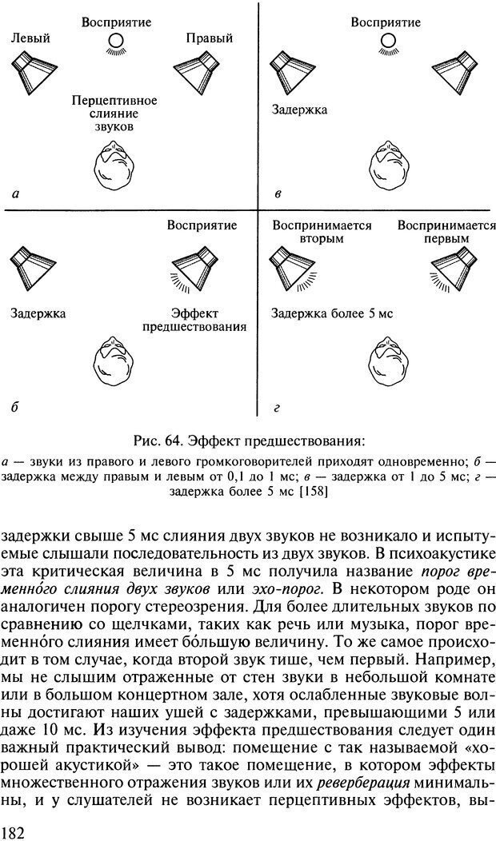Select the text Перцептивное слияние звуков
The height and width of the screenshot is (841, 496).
[x=114, y=114]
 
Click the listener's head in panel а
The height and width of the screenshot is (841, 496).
[x=113, y=165]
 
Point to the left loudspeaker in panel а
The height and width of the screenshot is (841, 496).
[x=32, y=70]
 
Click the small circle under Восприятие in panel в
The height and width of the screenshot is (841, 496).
[x=388, y=39]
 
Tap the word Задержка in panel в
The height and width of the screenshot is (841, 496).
[x=298, y=110]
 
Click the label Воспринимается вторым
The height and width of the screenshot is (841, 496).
[x=322, y=232]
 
